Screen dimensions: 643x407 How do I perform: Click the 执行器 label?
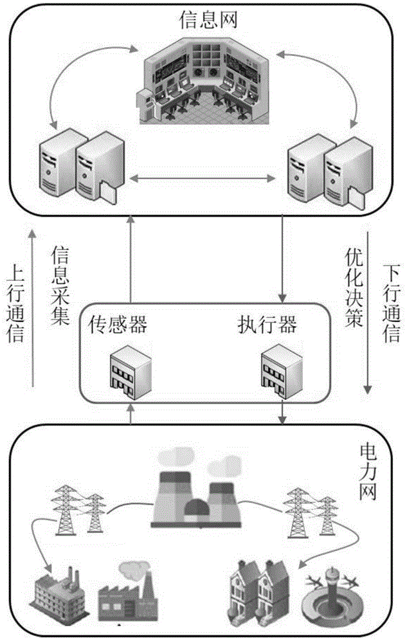click(266, 325)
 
